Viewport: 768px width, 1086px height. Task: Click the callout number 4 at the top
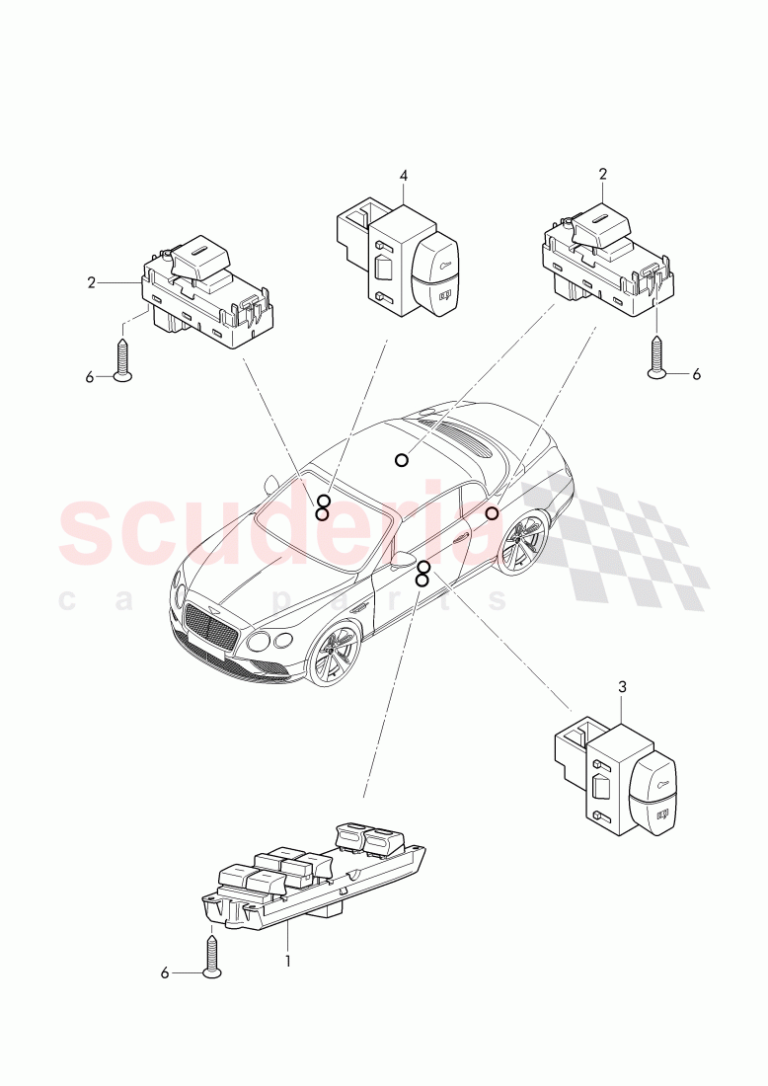click(404, 176)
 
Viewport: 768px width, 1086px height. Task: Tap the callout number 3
click(622, 686)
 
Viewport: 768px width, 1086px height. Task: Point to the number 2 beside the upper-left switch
click(92, 282)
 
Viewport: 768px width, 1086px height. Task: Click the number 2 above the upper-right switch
click(602, 175)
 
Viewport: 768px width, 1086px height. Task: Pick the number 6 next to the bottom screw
click(165, 972)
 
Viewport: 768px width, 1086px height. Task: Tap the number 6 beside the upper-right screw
click(696, 374)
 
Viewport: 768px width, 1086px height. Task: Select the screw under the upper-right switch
click(657, 355)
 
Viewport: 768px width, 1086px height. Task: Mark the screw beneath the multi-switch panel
click(212, 956)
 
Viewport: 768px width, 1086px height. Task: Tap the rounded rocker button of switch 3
click(653, 790)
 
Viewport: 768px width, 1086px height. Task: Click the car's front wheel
click(336, 657)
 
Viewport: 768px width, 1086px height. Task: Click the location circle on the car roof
click(401, 459)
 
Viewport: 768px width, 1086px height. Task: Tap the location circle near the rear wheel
click(492, 513)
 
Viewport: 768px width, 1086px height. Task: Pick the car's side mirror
click(402, 561)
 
